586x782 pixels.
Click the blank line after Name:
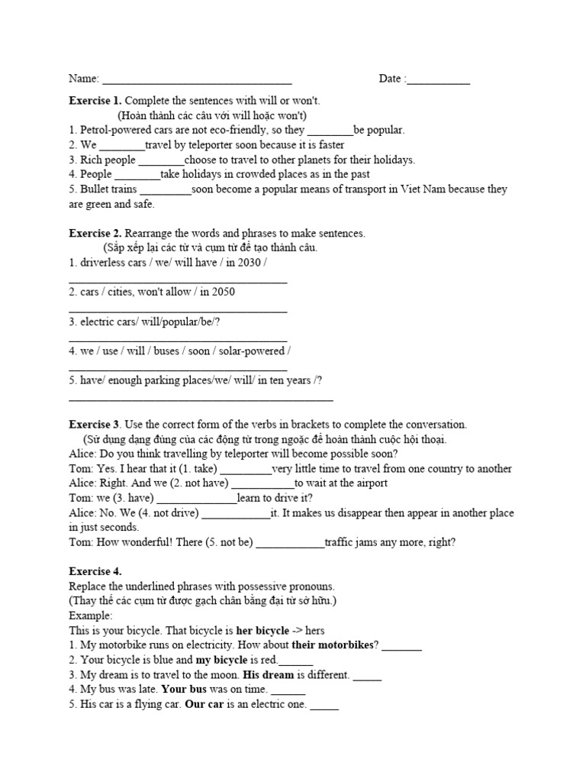tap(197, 79)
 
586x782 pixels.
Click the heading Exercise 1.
tap(95, 101)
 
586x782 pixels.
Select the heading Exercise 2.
tap(95, 233)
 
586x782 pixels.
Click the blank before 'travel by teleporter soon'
tap(122, 146)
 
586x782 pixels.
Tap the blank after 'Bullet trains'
tap(166, 190)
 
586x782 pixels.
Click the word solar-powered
tap(252, 351)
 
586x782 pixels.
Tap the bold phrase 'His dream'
tap(267, 675)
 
